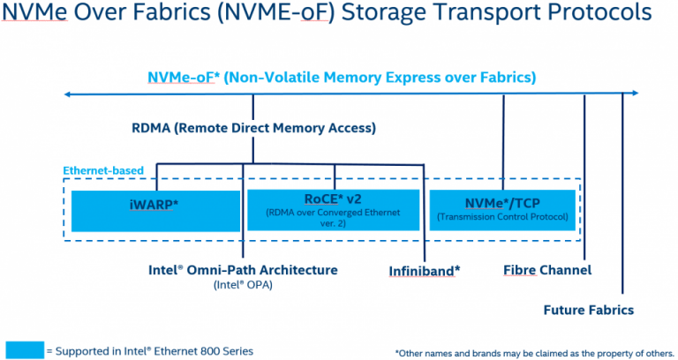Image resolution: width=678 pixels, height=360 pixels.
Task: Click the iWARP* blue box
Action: [155, 211]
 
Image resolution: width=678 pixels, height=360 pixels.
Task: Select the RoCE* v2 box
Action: [333, 210]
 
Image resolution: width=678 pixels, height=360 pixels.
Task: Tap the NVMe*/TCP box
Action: [502, 210]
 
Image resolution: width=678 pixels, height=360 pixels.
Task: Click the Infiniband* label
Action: [424, 271]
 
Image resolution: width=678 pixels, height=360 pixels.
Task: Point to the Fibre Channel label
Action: [547, 270]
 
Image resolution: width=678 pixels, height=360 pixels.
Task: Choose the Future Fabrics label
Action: [589, 310]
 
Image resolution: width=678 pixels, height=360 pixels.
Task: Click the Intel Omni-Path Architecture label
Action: [243, 270]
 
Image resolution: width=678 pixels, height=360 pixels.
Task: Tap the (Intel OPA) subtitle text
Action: [243, 285]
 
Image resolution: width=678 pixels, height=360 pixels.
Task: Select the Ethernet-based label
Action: [103, 170]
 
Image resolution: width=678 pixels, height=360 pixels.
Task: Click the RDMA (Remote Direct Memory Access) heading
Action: [254, 128]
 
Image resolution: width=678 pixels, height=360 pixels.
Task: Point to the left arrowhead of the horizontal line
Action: [67, 94]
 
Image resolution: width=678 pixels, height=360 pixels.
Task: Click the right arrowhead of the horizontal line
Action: [636, 93]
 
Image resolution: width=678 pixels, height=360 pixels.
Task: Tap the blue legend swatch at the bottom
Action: [25, 349]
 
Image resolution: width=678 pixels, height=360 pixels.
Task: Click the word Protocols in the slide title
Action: [599, 12]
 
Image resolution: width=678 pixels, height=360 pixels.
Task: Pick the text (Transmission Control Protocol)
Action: [502, 217]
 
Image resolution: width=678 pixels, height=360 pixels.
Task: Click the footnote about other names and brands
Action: [534, 354]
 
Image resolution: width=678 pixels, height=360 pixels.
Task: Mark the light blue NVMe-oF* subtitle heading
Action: [342, 78]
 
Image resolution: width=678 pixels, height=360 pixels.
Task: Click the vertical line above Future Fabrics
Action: [622, 193]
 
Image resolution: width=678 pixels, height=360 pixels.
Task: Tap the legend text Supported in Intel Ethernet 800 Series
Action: [149, 351]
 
